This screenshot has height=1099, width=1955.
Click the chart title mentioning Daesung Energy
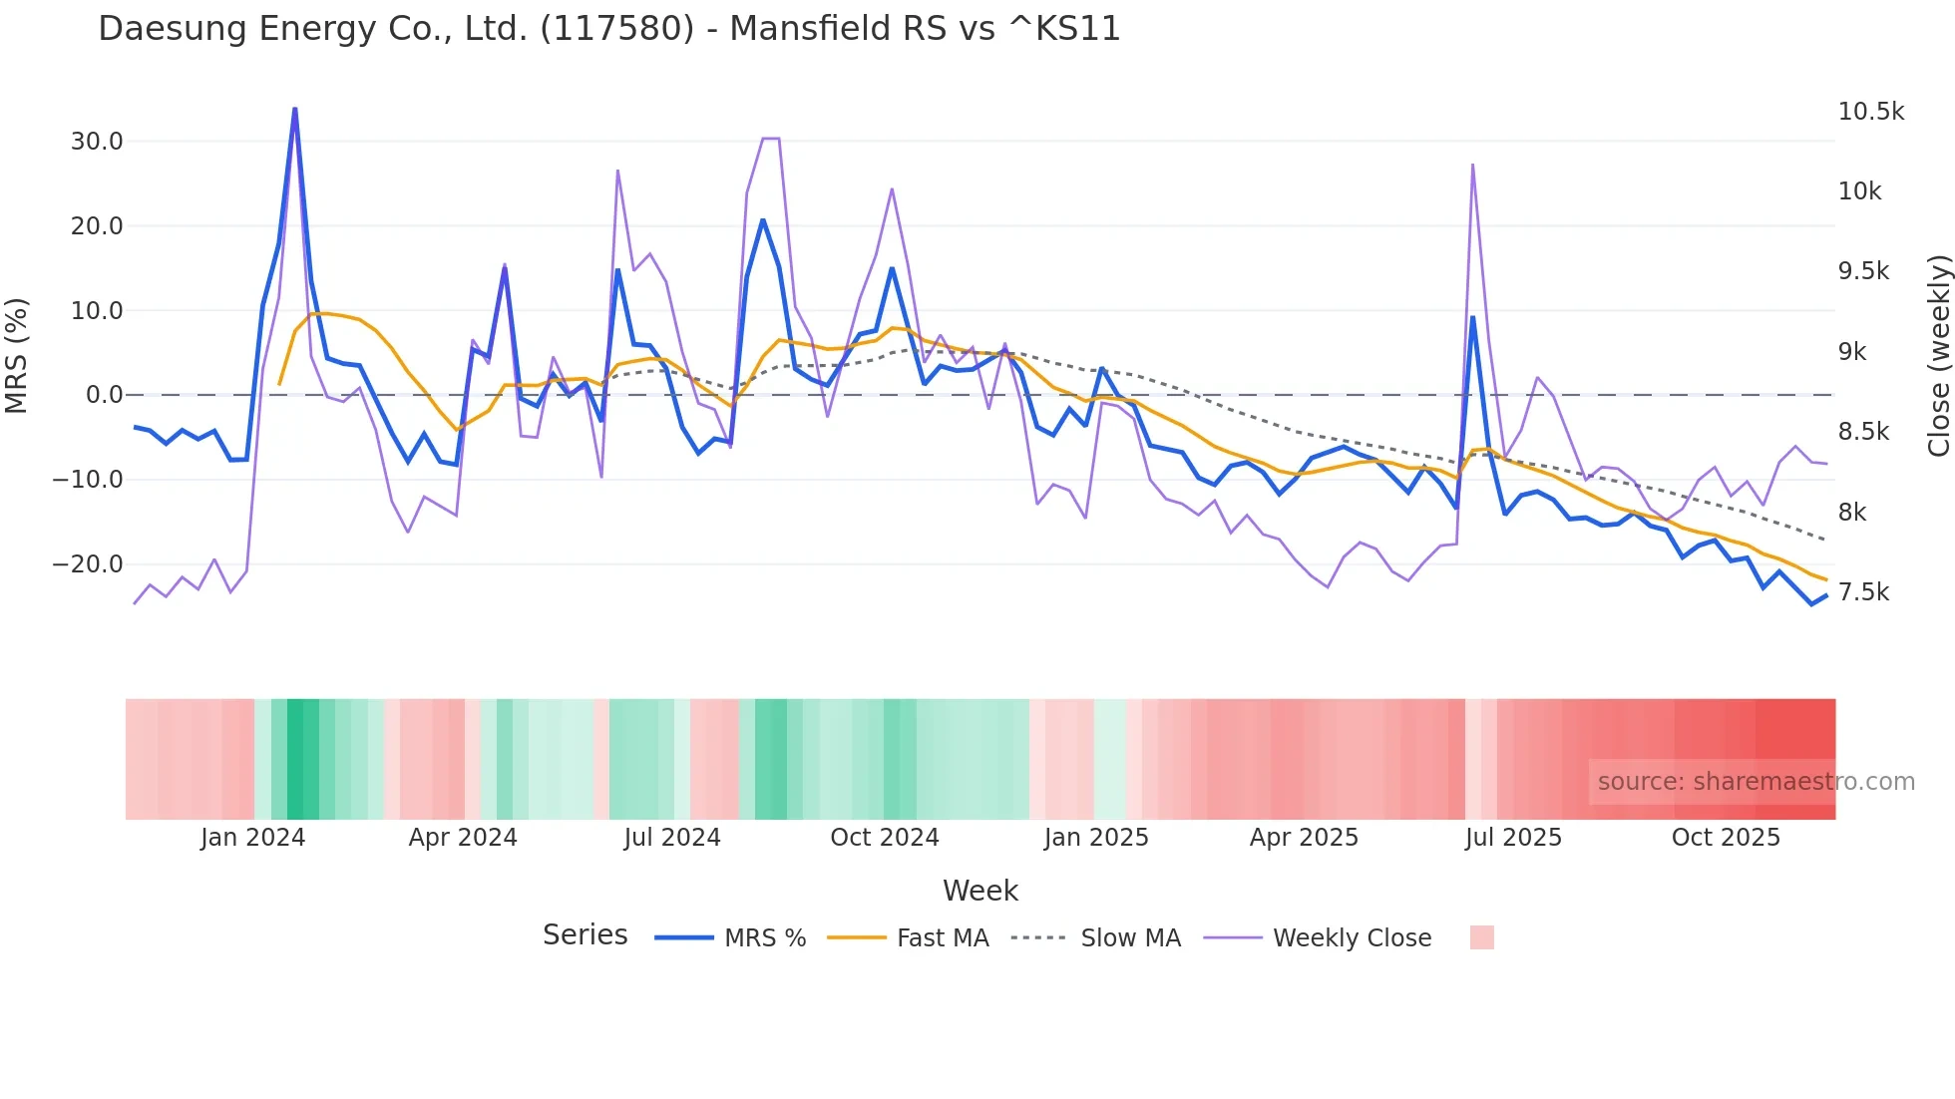[608, 29]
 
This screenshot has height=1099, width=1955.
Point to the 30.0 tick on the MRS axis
[97, 142]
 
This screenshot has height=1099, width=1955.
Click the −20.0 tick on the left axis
[88, 564]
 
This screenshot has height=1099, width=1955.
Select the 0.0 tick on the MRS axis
[104, 395]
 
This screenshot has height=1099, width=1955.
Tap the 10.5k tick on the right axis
[1870, 112]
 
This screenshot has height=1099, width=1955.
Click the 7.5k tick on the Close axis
[1863, 592]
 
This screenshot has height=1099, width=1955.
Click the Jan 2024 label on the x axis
[252, 838]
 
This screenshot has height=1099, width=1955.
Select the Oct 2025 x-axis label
[1726, 838]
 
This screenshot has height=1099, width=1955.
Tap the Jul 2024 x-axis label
[672, 838]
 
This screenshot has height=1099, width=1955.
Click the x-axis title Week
[979, 891]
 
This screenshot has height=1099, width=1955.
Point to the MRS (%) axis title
[17, 355]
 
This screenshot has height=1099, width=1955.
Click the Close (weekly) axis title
[1938, 355]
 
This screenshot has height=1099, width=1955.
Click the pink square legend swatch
[1481, 937]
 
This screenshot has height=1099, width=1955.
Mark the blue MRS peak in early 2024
[295, 109]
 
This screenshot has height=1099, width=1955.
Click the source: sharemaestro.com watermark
[1756, 782]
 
